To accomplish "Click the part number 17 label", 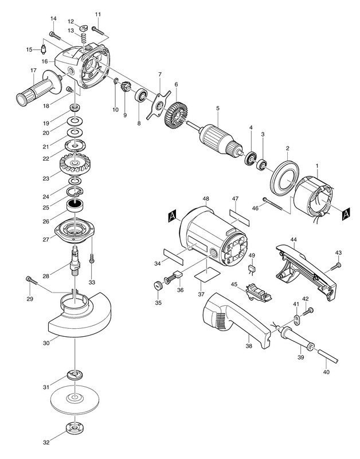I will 33,71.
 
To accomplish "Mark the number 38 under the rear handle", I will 249,346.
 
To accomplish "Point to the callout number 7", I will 159,74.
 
